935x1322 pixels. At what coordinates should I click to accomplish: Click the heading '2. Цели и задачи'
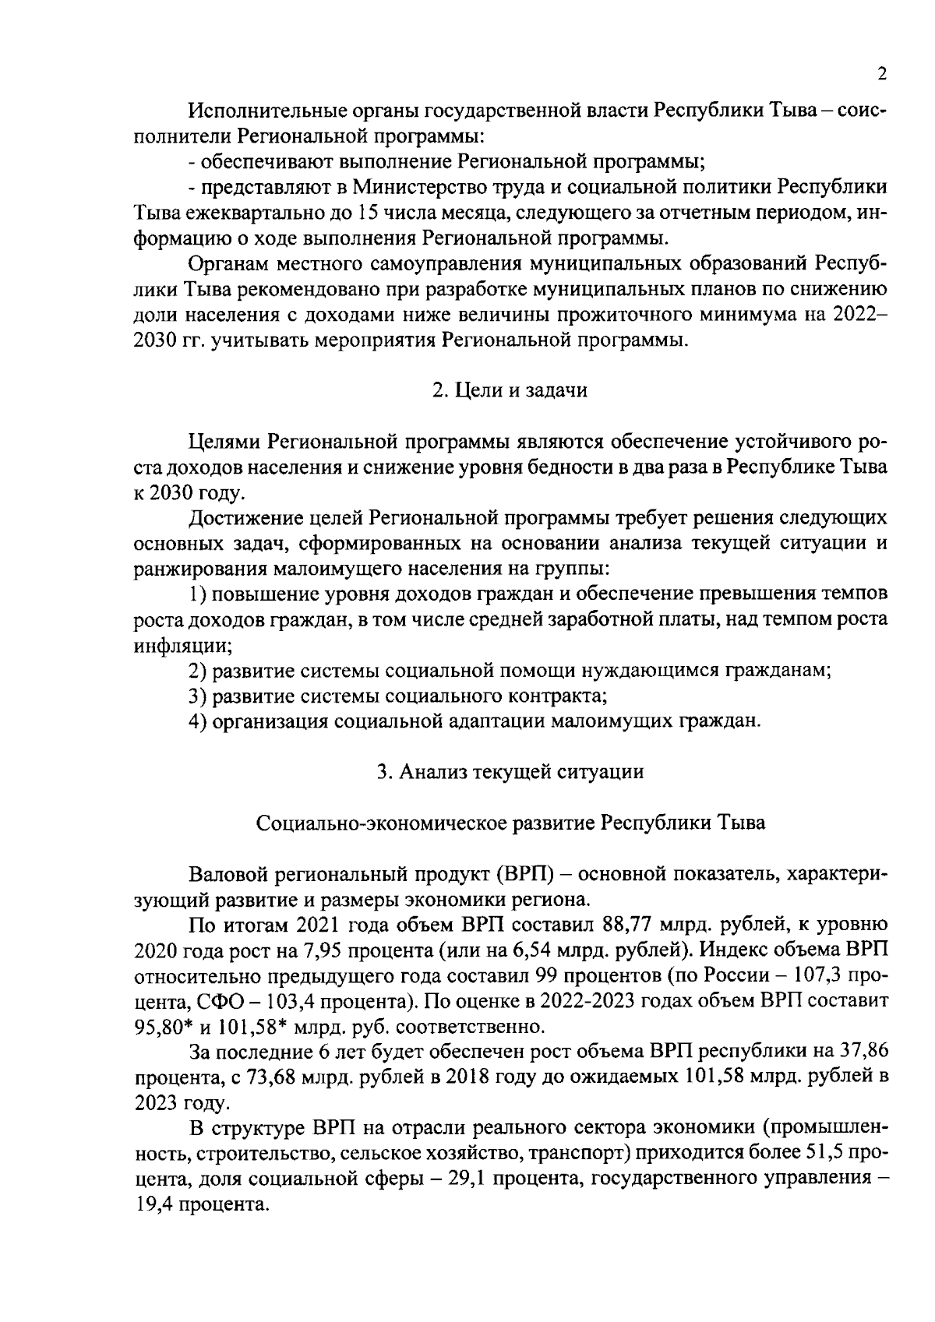510,391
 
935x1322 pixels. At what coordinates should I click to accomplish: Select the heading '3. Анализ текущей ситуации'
510,772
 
